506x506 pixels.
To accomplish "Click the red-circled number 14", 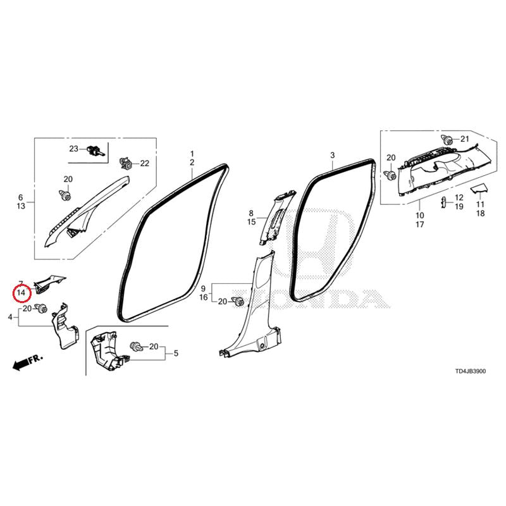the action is click(21, 293).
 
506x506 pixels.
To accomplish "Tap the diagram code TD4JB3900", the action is click(470, 371).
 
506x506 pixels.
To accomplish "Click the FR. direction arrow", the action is click(27, 362).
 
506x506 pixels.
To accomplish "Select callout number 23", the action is click(73, 149).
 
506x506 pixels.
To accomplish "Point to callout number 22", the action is click(145, 163).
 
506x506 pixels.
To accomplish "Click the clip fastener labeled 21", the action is click(447, 140).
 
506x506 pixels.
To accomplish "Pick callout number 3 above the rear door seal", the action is click(333, 155).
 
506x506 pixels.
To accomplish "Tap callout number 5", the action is click(176, 354).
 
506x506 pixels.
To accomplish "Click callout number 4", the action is click(10, 318).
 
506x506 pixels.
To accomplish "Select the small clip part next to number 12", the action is click(443, 202).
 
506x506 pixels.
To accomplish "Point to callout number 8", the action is click(251, 213).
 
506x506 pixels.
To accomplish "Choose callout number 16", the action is click(203, 297).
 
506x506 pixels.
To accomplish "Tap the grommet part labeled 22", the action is click(126, 164).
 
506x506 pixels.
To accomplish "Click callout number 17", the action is click(419, 225).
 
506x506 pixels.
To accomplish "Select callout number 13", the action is click(21, 206).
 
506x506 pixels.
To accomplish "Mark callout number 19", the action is click(459, 207).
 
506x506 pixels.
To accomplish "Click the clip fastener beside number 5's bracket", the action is click(136, 347).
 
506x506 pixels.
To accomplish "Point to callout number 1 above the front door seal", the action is click(192, 154).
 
